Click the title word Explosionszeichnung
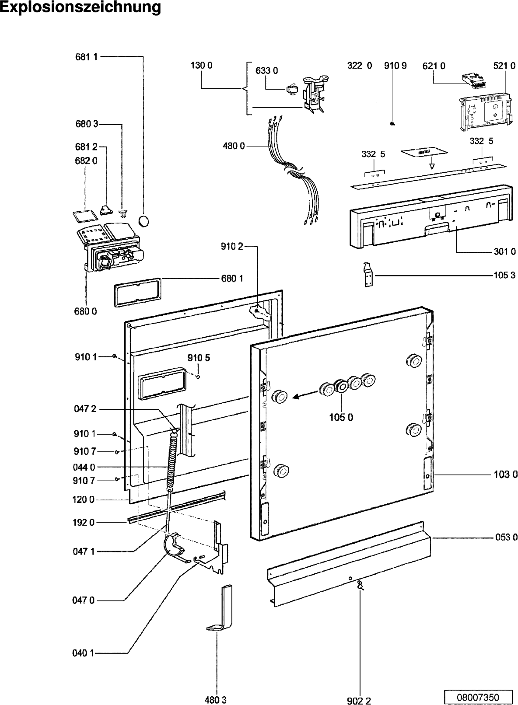click(80, 7)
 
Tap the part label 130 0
click(201, 66)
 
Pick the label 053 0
click(506, 537)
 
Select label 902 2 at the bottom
click(359, 701)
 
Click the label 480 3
click(216, 700)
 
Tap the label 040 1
click(83, 653)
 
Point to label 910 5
click(199, 358)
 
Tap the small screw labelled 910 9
click(392, 124)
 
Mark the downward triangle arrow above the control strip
click(431, 166)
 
